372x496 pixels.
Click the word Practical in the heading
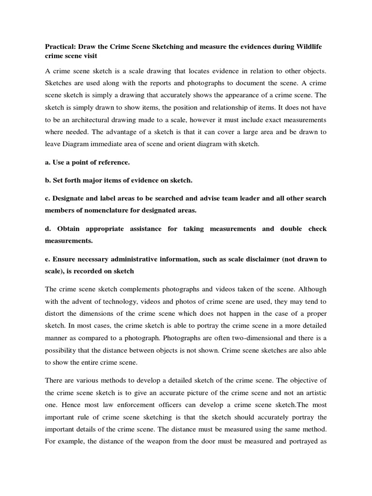pyautogui.click(x=61, y=46)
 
